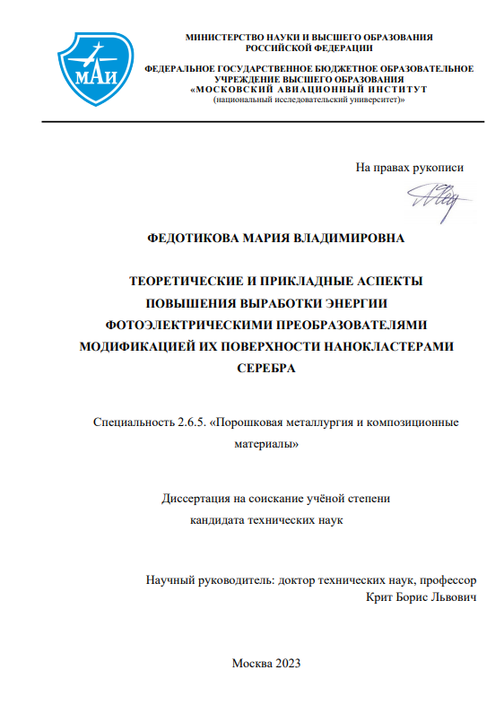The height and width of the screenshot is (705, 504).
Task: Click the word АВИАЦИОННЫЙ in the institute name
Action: [x=309, y=89]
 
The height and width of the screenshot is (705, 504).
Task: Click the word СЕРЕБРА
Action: [x=265, y=369]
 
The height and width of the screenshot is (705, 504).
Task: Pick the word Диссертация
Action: [x=196, y=499]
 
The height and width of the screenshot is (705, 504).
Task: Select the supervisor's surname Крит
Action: [x=381, y=598]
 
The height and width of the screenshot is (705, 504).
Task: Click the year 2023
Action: [x=286, y=665]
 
